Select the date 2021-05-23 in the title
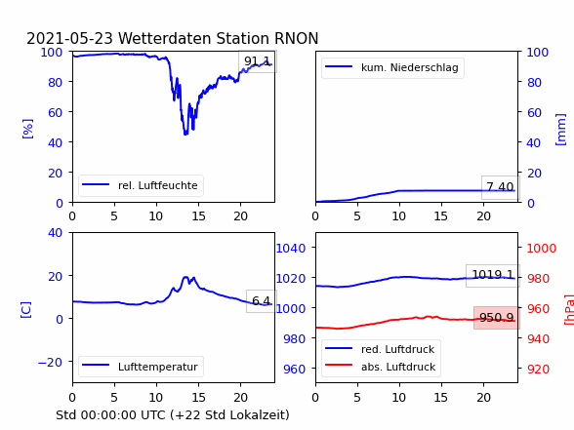tap(69, 38)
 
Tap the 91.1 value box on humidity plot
tap(258, 61)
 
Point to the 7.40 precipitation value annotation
tap(500, 187)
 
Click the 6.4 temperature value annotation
tap(261, 301)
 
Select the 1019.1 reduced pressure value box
tap(492, 275)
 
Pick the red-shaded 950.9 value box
tap(496, 318)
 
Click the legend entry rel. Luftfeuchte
tap(141, 185)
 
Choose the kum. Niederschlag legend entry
tap(392, 67)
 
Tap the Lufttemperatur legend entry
tap(141, 367)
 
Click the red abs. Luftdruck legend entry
tap(381, 367)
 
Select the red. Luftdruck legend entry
tap(380, 349)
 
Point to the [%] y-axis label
tap(27, 129)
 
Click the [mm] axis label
tap(560, 130)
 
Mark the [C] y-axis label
tap(26, 310)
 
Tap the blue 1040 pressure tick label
tap(291, 249)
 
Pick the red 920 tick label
tap(538, 369)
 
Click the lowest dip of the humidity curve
tap(185, 135)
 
